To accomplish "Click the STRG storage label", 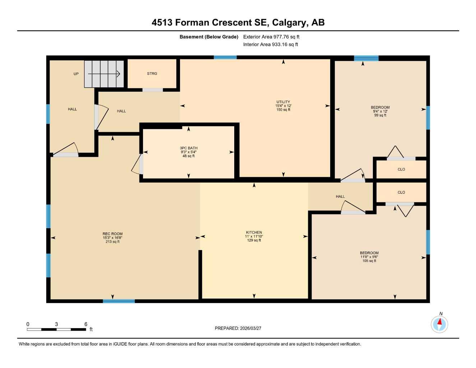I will click(152, 74).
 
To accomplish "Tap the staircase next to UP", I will click(104, 74).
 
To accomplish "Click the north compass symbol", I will click(439, 324).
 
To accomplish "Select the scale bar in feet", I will click(56, 329).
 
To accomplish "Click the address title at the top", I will click(238, 23).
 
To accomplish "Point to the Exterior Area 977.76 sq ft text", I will click(271, 37).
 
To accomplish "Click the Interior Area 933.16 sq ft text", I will click(271, 45).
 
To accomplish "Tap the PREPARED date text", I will click(238, 328).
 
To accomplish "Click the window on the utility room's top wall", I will click(225, 57).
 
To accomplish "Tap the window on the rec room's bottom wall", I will click(119, 301).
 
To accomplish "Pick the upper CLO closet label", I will click(401, 169).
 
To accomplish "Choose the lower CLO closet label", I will click(401, 192).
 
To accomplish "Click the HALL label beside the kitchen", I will click(340, 197).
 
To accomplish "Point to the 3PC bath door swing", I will click(137, 165).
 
